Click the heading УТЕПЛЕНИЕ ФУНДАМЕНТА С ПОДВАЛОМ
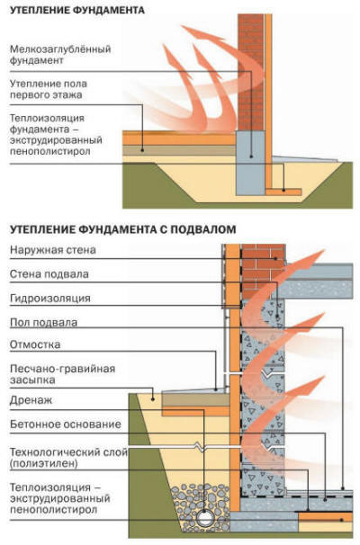[122, 229]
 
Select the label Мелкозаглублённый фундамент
[60, 55]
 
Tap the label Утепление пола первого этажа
[49, 89]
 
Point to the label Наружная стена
[53, 250]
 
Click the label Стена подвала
[49, 274]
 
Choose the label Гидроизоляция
[50, 299]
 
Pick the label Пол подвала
[43, 323]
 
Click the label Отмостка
[35, 344]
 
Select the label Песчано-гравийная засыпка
[62, 374]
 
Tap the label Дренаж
[31, 400]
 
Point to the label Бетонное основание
[66, 424]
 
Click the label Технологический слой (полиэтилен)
[68, 458]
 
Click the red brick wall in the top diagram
[250, 72]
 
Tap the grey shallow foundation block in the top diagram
[250, 163]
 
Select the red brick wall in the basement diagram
[264, 271]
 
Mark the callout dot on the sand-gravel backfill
[152, 399]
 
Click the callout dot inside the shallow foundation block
[251, 156]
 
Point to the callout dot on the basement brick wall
[275, 259]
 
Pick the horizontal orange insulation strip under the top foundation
[283, 192]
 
